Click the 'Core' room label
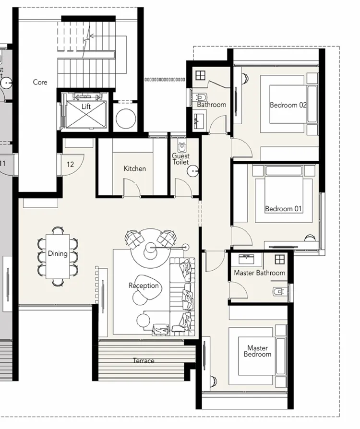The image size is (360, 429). tap(40, 82)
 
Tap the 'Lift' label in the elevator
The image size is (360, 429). tap(86, 107)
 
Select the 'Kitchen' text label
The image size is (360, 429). tap(135, 168)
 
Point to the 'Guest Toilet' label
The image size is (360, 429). tap(181, 159)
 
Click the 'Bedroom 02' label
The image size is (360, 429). tap(288, 105)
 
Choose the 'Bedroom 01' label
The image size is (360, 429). tap(284, 209)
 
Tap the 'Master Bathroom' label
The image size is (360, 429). tap(259, 273)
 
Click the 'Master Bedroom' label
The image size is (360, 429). tap(257, 351)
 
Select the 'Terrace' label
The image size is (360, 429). tap(144, 361)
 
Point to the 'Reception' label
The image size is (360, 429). tap(144, 286)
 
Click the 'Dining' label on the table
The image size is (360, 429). tap(58, 253)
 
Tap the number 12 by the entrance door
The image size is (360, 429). tap(71, 165)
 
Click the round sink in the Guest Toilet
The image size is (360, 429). tap(193, 171)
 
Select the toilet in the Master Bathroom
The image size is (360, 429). tap(278, 291)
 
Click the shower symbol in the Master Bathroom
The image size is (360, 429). tap(279, 259)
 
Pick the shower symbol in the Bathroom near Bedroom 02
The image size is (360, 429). tap(200, 75)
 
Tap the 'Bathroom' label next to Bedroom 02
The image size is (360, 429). tap(211, 105)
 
